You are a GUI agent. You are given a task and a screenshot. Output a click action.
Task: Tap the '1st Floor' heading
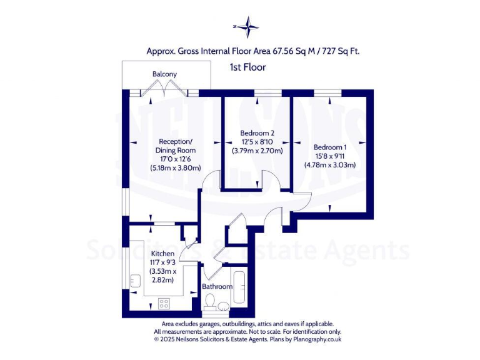[x=248, y=67]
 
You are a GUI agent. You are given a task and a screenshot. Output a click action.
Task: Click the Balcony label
[x=164, y=74]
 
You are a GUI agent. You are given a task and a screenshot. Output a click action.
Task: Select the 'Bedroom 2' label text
[x=257, y=133]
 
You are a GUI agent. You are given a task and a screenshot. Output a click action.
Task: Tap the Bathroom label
[x=217, y=287]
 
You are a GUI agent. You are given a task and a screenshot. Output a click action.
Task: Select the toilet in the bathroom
[x=211, y=304]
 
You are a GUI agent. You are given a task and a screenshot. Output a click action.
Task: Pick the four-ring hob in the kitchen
[x=164, y=303]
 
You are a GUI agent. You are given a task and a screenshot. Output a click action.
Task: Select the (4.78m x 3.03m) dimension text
[x=329, y=166]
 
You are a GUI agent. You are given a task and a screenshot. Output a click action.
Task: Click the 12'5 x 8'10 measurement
[x=257, y=142]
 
